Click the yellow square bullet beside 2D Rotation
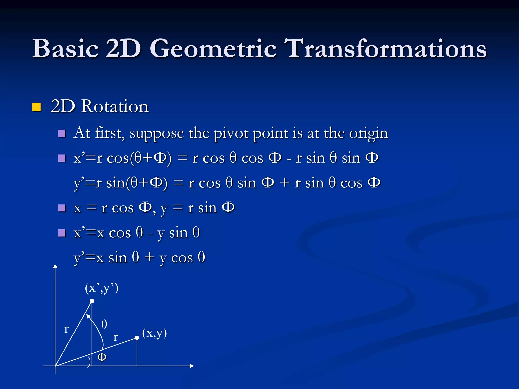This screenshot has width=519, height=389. click(36, 107)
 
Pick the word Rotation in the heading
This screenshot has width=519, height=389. click(115, 106)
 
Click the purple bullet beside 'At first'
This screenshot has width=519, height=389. click(62, 133)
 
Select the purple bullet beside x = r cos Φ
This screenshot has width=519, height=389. click(62, 208)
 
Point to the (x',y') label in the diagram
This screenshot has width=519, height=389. click(102, 288)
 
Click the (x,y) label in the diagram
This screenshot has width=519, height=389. click(155, 333)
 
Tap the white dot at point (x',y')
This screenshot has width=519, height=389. click(92, 301)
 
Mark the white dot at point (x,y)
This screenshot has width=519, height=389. click(137, 338)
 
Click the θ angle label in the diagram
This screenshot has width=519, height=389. click(104, 324)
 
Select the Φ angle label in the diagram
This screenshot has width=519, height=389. click(102, 357)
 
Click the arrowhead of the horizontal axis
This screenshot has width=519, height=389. click(192, 366)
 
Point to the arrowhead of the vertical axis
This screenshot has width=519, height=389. click(55, 266)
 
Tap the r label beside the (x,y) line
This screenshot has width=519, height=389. click(115, 337)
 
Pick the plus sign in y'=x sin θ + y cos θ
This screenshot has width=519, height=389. click(149, 258)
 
